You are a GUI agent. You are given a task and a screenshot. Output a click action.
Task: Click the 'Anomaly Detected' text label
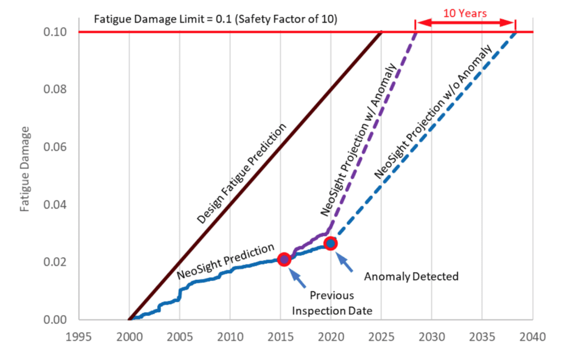[411, 277]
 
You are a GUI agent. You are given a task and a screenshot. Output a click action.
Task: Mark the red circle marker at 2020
[330, 243]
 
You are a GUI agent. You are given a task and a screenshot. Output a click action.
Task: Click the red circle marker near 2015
[284, 259]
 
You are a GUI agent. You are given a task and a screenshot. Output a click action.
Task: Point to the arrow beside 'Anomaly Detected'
[346, 263]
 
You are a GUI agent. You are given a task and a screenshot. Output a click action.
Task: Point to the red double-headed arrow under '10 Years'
[465, 23]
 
